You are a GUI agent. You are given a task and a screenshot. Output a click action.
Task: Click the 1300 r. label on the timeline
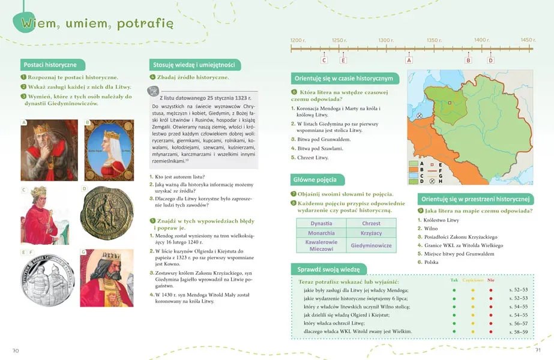[x=386, y=40]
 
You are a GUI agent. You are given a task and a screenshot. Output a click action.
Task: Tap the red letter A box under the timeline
[x=409, y=60]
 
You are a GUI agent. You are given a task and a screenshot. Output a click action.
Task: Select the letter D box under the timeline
[x=490, y=60]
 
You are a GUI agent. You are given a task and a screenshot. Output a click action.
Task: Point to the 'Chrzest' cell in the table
[x=372, y=223]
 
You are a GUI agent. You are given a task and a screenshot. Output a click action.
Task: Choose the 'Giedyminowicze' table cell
[x=372, y=245]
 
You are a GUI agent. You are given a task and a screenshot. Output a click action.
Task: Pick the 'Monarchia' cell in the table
[x=321, y=233]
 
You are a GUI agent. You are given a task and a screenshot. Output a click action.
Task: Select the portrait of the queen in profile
[x=109, y=150]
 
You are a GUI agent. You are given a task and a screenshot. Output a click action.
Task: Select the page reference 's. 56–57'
[x=519, y=323]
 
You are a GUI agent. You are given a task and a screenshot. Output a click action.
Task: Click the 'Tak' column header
[x=454, y=280]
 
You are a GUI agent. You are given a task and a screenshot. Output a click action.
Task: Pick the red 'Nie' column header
[x=491, y=280]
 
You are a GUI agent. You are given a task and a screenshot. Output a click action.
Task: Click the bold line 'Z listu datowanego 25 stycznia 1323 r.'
[x=205, y=97]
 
